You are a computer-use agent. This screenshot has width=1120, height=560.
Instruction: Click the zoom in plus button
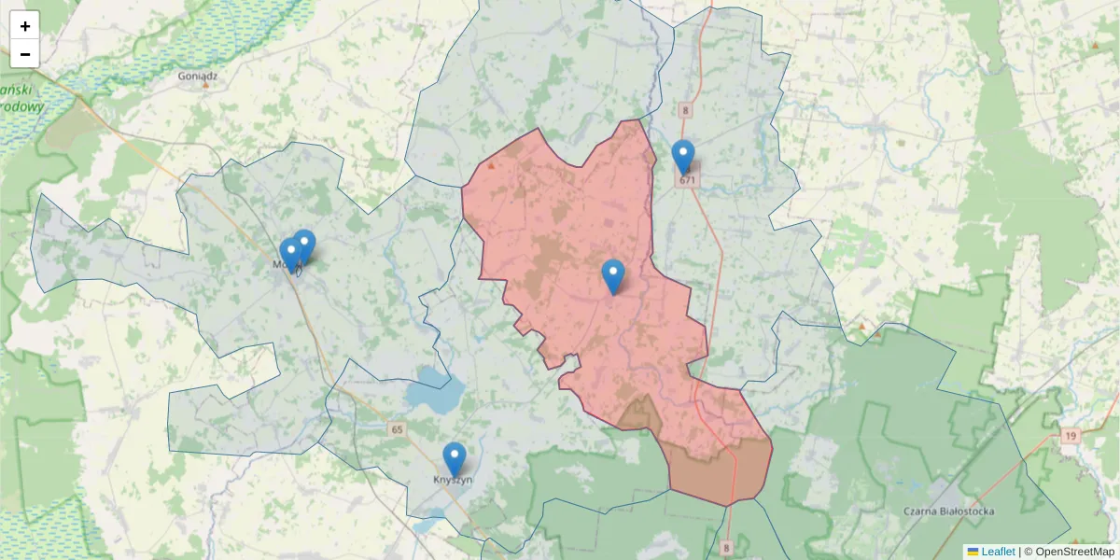click(25, 26)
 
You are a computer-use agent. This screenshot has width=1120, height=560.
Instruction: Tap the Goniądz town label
click(204, 73)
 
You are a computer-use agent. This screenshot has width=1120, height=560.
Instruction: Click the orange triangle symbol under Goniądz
click(205, 85)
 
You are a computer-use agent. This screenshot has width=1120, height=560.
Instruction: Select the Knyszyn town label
click(454, 480)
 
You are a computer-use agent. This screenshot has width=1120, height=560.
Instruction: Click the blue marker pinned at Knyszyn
click(454, 458)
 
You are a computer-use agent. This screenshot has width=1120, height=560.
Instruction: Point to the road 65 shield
click(398, 429)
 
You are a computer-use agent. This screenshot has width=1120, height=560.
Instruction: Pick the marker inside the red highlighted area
click(612, 276)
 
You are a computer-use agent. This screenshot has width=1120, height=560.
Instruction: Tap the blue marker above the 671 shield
click(683, 156)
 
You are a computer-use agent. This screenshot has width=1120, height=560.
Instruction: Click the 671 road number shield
click(688, 179)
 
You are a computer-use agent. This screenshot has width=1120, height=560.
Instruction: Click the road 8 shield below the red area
click(726, 548)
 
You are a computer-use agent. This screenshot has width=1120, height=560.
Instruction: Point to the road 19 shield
click(1070, 435)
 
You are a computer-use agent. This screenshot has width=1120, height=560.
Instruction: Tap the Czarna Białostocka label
click(949, 511)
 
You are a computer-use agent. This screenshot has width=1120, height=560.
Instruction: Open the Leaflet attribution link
click(998, 552)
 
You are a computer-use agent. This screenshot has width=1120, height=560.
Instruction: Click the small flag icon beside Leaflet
click(973, 552)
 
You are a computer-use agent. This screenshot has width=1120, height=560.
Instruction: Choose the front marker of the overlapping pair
click(291, 254)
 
